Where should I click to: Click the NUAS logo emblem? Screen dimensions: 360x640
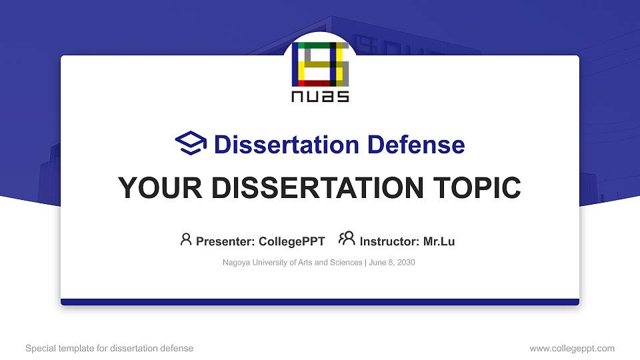321,65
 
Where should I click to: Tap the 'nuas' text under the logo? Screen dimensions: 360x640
321,97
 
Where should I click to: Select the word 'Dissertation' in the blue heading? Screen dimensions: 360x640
279,145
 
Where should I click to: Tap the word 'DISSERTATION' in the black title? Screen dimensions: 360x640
317,188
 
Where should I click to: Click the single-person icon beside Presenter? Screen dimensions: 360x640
186,239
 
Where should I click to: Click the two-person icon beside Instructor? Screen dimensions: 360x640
347,239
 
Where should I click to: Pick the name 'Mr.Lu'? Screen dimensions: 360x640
439,241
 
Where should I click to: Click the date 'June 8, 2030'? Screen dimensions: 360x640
392,263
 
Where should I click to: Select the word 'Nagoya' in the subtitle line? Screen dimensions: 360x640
237,263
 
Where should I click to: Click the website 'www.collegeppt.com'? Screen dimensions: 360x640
571,348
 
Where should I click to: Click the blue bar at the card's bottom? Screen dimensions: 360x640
320,302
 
